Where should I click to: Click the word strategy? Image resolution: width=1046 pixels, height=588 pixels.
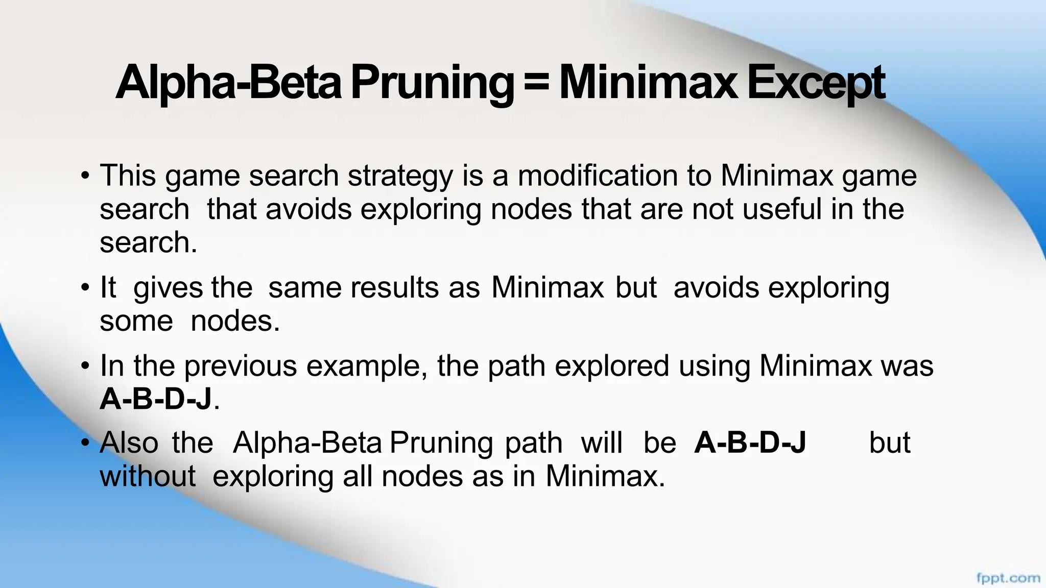tap(400, 177)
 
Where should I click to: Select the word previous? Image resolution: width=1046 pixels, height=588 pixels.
tap(241, 366)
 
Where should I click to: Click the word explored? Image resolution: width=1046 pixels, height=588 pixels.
tap(612, 366)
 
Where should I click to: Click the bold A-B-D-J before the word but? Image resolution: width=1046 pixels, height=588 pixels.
tap(750, 443)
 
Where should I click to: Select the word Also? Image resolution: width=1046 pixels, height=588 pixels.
tap(129, 443)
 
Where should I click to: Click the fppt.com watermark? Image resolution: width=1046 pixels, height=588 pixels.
tap(1008, 578)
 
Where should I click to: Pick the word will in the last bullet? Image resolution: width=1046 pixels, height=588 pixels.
tap(602, 443)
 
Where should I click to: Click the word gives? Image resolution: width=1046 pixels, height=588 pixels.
tap(168, 288)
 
